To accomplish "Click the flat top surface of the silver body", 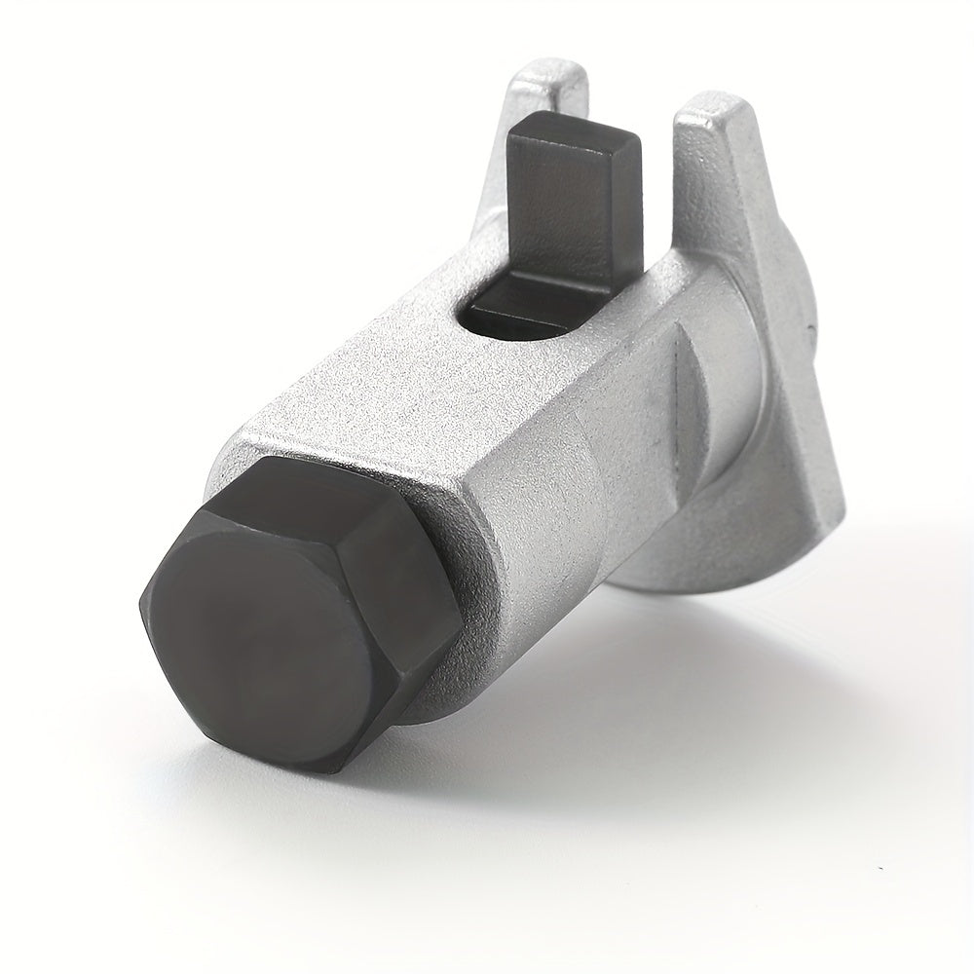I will (x=409, y=390).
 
